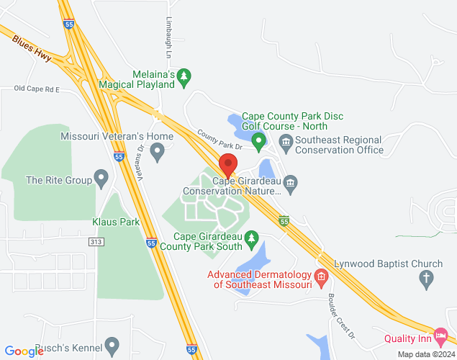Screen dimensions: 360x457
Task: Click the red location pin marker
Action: pyautogui.click(x=228, y=166)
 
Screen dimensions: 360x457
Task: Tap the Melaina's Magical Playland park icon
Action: pyautogui.click(x=184, y=75)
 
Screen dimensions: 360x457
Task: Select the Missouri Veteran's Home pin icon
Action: pyautogui.click(x=158, y=150)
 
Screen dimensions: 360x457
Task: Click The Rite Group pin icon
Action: pyautogui.click(x=101, y=177)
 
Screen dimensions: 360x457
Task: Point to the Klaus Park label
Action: pyautogui.click(x=116, y=222)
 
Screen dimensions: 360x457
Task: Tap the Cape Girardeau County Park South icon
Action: pyautogui.click(x=251, y=236)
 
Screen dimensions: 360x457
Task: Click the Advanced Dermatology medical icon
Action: pyautogui.click(x=321, y=276)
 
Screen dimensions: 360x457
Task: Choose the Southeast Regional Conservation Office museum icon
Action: pyautogui.click(x=286, y=140)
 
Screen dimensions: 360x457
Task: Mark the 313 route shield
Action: pyautogui.click(x=96, y=242)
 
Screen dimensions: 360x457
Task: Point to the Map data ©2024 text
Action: pyautogui.click(x=425, y=354)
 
